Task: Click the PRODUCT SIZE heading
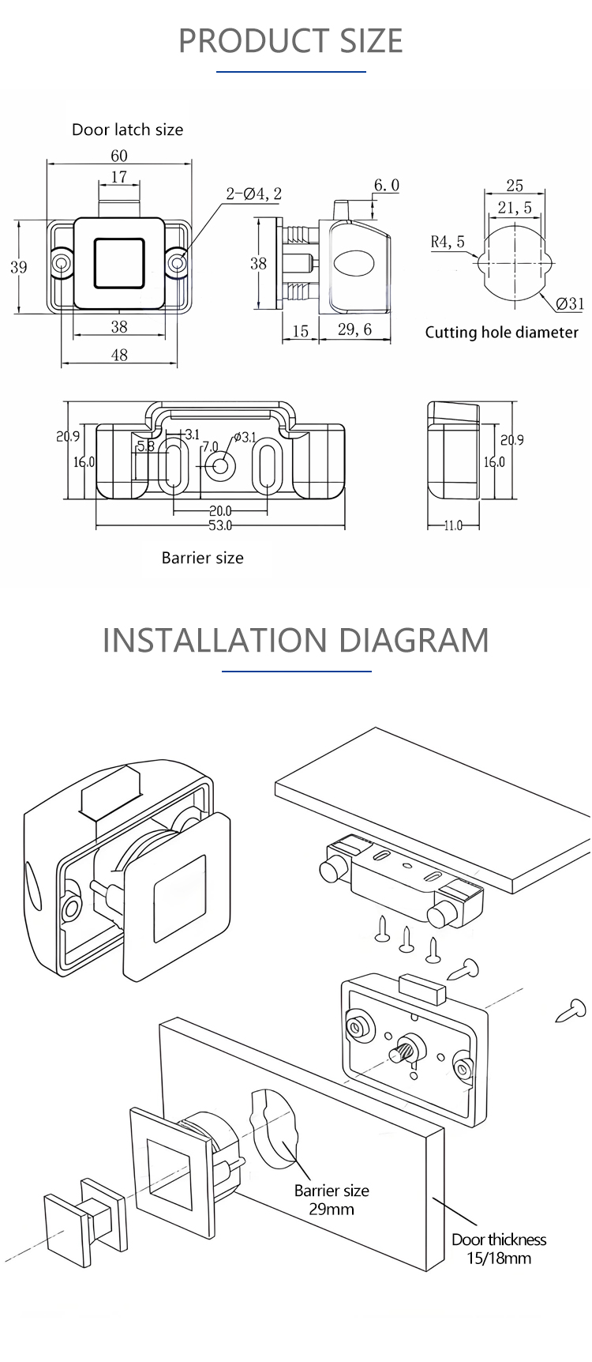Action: [x=290, y=40]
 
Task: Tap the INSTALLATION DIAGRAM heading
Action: [x=295, y=639]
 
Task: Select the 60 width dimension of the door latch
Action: [x=118, y=156]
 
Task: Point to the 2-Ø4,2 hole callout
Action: [x=253, y=194]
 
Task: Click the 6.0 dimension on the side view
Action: [x=386, y=185]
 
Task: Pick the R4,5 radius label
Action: [x=448, y=242]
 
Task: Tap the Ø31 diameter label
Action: [x=569, y=303]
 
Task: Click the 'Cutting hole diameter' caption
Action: [x=501, y=333]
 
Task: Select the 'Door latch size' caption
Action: [x=127, y=130]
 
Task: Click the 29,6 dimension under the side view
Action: [x=354, y=329]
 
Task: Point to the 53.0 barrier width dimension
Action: [x=220, y=525]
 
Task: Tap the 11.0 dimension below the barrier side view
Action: [x=452, y=525]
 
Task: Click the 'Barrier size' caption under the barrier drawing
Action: [x=202, y=558]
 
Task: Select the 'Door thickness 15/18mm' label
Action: [x=499, y=1248]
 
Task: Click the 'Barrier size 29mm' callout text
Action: [x=332, y=1199]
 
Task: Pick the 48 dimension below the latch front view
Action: [x=118, y=356]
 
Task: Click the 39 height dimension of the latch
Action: [x=18, y=267]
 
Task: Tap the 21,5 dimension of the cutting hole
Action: [x=515, y=208]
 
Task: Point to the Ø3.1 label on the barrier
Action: [x=244, y=437]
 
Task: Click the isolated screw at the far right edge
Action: [x=571, y=1010]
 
